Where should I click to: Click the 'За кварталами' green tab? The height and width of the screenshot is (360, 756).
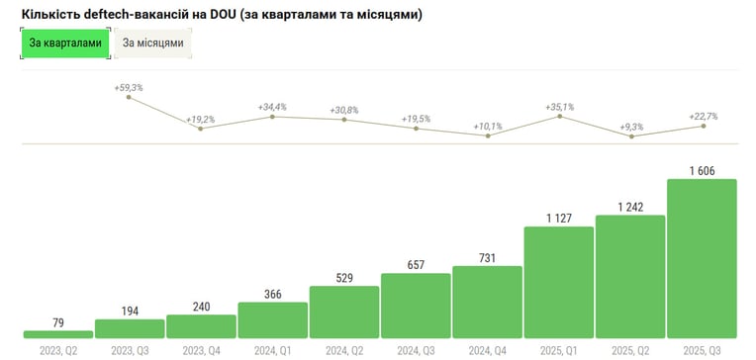(x=65, y=43)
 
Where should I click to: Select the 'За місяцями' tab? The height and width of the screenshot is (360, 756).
(x=152, y=43)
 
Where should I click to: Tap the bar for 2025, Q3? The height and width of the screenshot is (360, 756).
(x=702, y=258)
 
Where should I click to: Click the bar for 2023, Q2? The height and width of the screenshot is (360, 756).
(x=58, y=334)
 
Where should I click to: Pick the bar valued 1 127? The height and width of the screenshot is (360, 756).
(x=559, y=283)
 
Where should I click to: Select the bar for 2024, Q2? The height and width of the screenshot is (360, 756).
(x=344, y=312)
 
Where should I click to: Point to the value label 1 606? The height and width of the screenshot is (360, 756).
(x=702, y=171)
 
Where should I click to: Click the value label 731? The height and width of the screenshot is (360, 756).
(x=488, y=258)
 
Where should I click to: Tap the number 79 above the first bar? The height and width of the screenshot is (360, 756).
(x=57, y=322)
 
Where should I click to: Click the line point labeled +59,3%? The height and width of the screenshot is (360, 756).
(x=129, y=97)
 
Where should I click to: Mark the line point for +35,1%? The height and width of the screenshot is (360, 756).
(x=559, y=116)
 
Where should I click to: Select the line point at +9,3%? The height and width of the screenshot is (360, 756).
(x=631, y=136)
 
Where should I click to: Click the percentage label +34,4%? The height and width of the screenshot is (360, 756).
(x=272, y=107)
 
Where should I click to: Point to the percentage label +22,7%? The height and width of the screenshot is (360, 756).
(x=703, y=116)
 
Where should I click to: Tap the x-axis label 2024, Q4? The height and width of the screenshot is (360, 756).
(x=488, y=350)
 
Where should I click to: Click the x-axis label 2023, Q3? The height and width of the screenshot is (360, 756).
(x=130, y=350)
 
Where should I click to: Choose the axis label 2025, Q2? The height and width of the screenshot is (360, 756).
(x=630, y=350)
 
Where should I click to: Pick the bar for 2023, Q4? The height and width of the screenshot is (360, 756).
(x=202, y=326)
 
